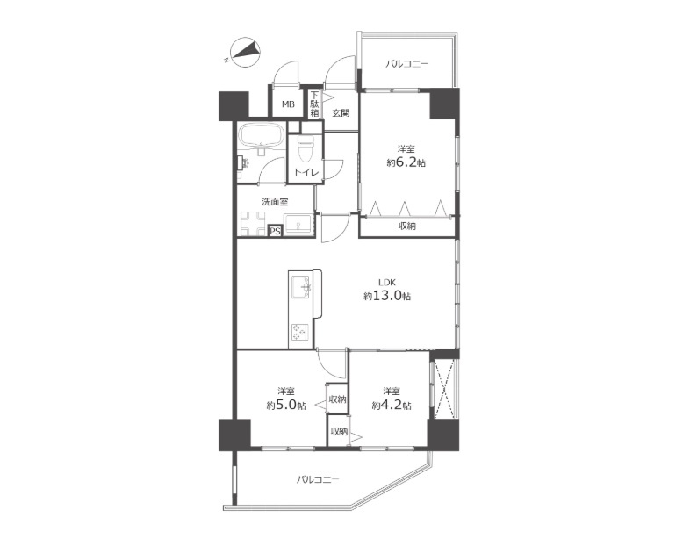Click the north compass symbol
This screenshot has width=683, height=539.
coord(245,53)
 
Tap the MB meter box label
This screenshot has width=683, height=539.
coord(288,104)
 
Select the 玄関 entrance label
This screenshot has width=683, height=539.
coord(341,113)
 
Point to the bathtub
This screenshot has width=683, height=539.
coord(262,136)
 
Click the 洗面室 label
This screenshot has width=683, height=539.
coord(275,202)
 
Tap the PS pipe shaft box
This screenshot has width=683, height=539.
coord(275,231)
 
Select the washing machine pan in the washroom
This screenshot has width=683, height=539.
coord(253,224)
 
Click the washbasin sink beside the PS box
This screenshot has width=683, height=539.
coord(298,225)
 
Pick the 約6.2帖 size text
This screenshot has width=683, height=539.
coord(406,163)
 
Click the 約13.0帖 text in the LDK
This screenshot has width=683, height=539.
coord(387,297)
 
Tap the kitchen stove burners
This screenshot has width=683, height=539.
coord(299,333)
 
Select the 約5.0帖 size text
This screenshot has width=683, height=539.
coord(285,406)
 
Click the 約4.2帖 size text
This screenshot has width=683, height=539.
coord(392,406)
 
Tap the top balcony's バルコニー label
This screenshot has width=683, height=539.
coord(406,64)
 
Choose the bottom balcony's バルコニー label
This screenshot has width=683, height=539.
coord(318,479)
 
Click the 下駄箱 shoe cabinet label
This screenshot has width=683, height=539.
coord(314,104)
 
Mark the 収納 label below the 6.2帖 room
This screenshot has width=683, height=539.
coord(407,226)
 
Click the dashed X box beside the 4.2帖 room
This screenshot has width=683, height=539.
coord(442,389)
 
